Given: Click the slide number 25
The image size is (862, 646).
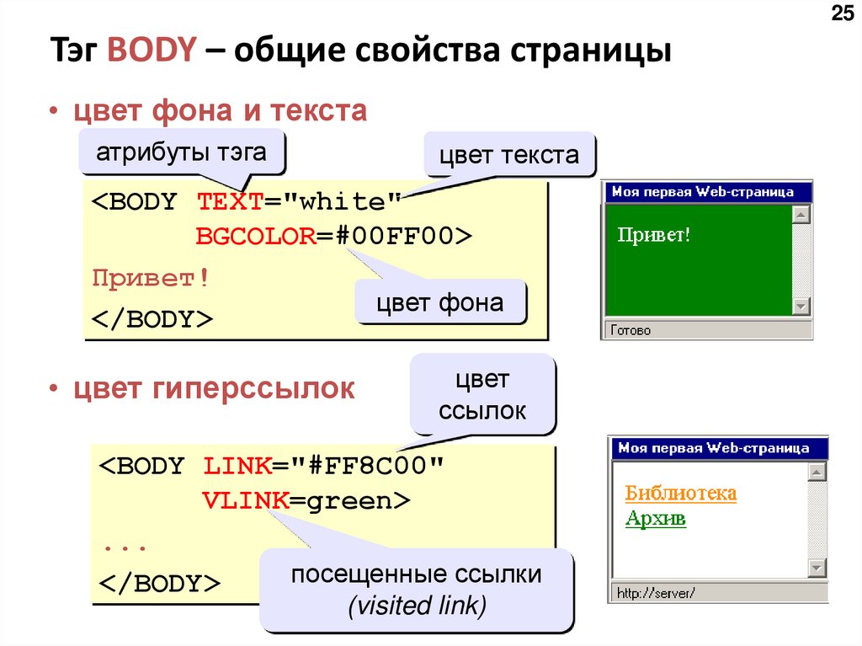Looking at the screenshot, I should click(x=841, y=14).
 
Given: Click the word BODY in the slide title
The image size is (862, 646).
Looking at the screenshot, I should click(x=152, y=51).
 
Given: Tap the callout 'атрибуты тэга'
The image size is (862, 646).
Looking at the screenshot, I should click(x=181, y=152).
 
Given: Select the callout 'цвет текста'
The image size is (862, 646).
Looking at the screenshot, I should click(x=508, y=155).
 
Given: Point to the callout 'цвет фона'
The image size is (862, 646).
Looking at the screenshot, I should click(x=439, y=302).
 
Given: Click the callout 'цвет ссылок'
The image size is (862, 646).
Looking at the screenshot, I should click(x=482, y=395).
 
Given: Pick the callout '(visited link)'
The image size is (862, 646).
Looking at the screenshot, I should click(x=417, y=605).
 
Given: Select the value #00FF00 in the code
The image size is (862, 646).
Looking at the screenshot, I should click(x=395, y=237).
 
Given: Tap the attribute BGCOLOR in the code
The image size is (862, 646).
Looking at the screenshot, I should click(x=254, y=237).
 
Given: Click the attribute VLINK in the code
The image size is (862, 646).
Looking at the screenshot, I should click(x=245, y=501).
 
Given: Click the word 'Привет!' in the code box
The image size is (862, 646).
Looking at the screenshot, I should click(x=151, y=278).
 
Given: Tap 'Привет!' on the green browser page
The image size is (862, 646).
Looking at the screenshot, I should click(x=654, y=234).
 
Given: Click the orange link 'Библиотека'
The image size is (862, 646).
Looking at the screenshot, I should click(x=681, y=493).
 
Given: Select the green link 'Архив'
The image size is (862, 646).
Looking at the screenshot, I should click(x=656, y=518).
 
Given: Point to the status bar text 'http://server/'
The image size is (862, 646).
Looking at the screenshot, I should click(x=655, y=594).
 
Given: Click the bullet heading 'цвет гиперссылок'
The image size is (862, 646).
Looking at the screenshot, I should click(x=215, y=388).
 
